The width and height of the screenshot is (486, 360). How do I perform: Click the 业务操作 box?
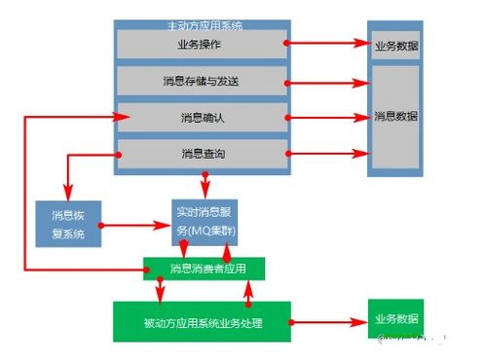point(203,45)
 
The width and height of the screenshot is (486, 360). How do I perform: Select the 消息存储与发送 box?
point(203,81)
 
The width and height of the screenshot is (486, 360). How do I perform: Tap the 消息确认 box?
point(203,118)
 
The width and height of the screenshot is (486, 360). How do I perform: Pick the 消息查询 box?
point(203,154)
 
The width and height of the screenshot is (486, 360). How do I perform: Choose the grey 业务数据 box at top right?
point(395,45)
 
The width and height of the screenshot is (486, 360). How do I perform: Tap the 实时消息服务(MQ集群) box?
point(206,222)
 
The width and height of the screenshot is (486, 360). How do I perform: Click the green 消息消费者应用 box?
point(204,268)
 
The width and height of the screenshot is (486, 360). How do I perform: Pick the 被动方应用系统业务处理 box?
point(202,321)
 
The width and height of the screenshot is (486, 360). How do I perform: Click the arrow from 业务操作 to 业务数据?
point(327,44)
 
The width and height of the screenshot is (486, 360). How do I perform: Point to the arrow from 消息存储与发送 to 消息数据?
point(327,81)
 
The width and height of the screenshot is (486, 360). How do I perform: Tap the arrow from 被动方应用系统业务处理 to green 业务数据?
point(327,320)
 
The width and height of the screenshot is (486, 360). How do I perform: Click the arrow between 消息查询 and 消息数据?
point(327,154)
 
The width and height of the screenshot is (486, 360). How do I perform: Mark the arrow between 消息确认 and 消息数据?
point(327,118)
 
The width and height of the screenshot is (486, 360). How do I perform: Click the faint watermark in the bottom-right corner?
point(414,341)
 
